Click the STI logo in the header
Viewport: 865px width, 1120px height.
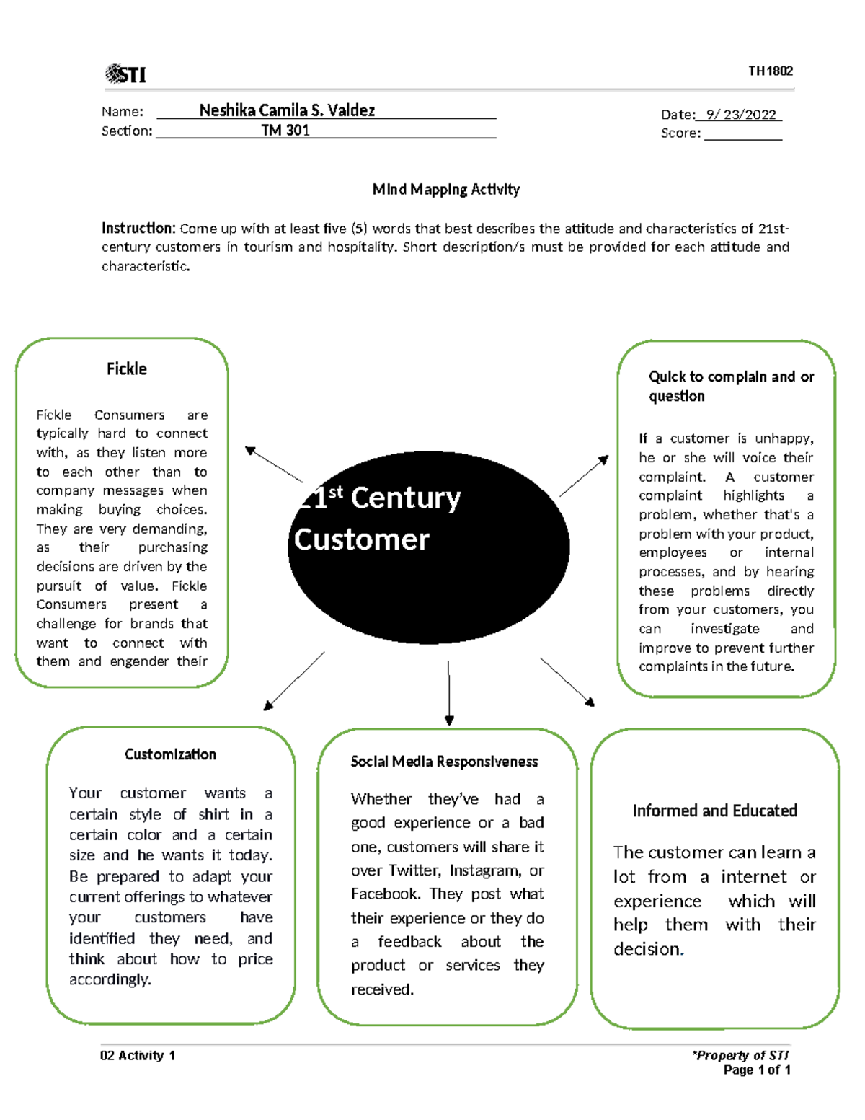click(125, 74)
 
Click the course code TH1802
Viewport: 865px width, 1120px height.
click(770, 71)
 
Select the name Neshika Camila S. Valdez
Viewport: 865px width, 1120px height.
click(287, 110)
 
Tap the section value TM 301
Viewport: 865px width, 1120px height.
click(285, 131)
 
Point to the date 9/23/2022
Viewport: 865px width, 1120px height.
click(741, 115)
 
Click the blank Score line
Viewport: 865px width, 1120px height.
click(743, 138)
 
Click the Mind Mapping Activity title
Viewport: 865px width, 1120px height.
click(446, 190)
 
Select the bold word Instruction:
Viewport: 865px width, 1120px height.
click(138, 228)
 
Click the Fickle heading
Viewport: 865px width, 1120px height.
click(127, 369)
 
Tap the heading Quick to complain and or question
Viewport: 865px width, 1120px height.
click(731, 386)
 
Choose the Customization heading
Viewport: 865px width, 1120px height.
click(171, 754)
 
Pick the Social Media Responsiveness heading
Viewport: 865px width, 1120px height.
click(444, 762)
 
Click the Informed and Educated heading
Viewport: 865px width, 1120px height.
click(714, 811)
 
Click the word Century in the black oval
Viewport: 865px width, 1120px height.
click(405, 499)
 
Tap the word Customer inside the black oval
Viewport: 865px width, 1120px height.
click(362, 540)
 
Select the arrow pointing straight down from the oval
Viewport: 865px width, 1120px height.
click(449, 693)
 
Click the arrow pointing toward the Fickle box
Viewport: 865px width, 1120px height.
click(274, 464)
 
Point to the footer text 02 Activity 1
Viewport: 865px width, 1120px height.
click(138, 1056)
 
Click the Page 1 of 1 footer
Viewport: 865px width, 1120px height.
click(756, 1070)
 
